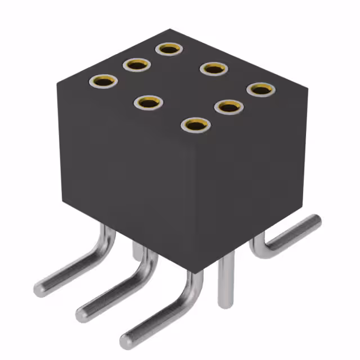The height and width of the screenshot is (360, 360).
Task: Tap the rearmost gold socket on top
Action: click(168, 49)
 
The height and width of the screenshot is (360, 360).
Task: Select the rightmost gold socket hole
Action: click(259, 89)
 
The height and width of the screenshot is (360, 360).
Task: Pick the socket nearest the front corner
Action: click(195, 125)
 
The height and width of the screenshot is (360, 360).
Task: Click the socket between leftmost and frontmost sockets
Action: click(148, 102)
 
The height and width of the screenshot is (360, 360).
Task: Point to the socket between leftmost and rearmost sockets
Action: click(136, 65)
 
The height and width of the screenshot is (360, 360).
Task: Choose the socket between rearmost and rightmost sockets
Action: click(214, 69)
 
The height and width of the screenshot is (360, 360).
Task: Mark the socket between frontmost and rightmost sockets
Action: click(228, 106)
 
